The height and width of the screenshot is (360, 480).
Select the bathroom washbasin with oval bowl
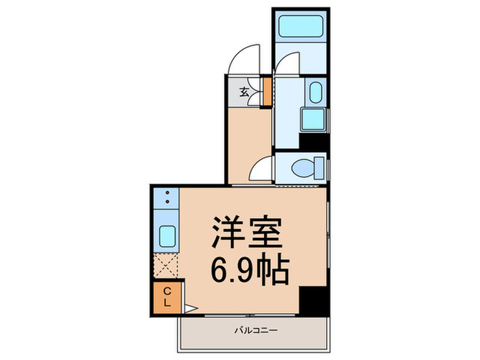pyautogui.click(x=315, y=93)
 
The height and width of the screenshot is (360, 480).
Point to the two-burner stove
pyautogui.click(x=166, y=198)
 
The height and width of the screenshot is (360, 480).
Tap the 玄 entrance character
pyautogui.click(x=244, y=92)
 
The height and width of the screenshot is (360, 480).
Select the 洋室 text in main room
pyautogui.click(x=247, y=234)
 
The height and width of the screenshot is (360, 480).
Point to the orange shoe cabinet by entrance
pyautogui.click(x=267, y=92)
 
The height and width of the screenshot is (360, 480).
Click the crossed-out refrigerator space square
pyautogui.click(x=166, y=265)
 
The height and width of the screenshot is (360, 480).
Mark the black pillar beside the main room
pyautogui.click(x=314, y=300)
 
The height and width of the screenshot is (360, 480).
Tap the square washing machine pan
pyautogui.click(x=314, y=120)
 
